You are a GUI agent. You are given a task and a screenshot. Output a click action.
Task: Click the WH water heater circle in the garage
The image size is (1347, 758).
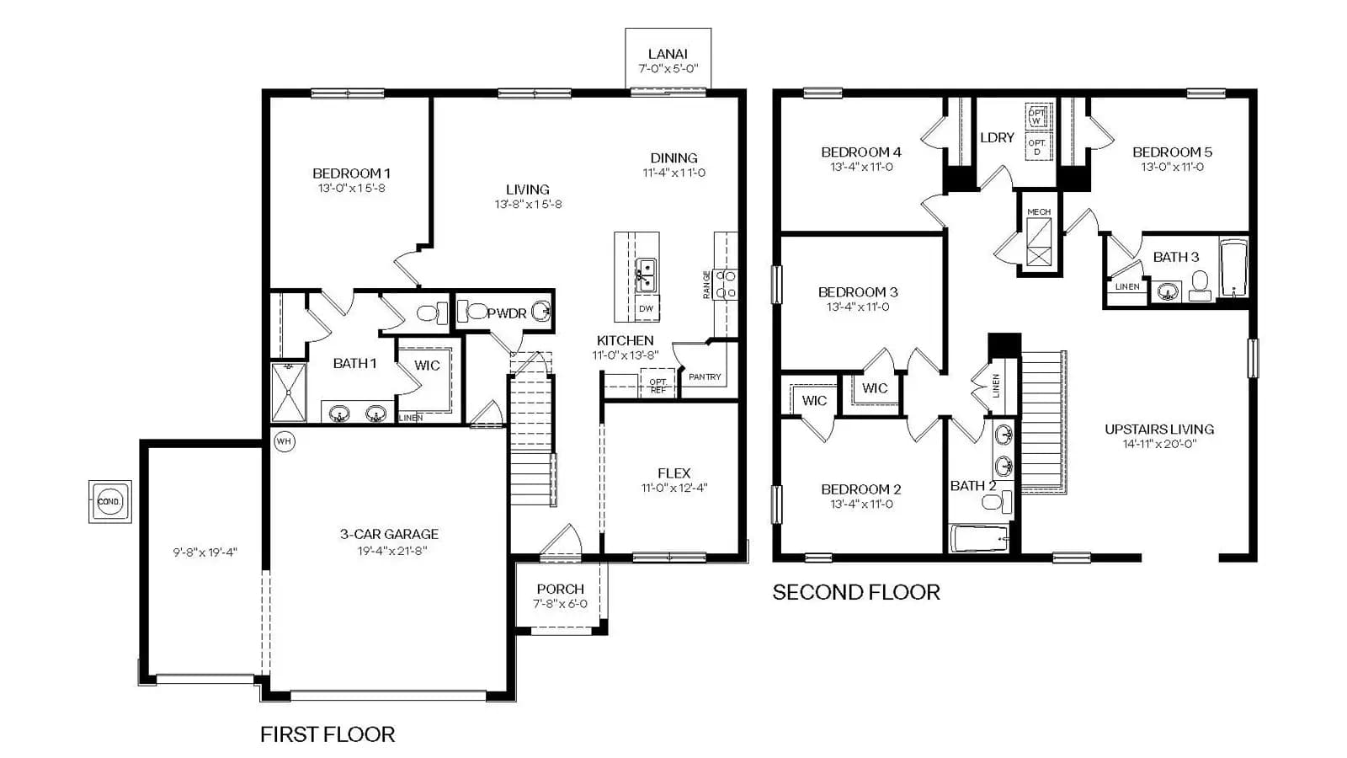pyautogui.click(x=285, y=441)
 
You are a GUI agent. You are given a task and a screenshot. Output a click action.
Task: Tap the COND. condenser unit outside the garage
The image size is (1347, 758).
pyautogui.click(x=110, y=501)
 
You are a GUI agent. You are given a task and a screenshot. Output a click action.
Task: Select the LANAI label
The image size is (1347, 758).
pyautogui.click(x=668, y=54)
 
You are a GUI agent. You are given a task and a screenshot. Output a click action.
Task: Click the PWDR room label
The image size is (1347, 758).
pyautogui.click(x=506, y=312)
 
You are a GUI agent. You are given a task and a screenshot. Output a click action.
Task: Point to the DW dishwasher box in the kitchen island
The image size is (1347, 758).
pyautogui.click(x=647, y=308)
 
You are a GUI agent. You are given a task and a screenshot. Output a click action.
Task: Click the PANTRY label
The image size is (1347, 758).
pyautogui.click(x=705, y=376)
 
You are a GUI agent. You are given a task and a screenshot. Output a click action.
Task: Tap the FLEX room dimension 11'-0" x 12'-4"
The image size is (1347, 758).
pyautogui.click(x=674, y=488)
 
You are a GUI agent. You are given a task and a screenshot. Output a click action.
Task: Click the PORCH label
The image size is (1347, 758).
pyautogui.click(x=561, y=589)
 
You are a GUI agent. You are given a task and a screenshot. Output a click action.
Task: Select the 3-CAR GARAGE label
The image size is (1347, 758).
pyautogui.click(x=389, y=534)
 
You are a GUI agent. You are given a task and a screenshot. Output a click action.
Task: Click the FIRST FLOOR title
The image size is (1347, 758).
pyautogui.click(x=327, y=734)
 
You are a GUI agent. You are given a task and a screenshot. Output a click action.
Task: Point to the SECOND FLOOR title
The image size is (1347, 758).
pyautogui.click(x=856, y=592)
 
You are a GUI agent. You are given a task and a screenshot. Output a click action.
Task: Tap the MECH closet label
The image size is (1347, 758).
pyautogui.click(x=1039, y=211)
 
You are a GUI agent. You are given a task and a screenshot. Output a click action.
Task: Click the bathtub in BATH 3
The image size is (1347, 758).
pyautogui.click(x=1234, y=268)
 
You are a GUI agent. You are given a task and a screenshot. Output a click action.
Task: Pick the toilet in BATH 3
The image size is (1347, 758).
pyautogui.click(x=1200, y=286)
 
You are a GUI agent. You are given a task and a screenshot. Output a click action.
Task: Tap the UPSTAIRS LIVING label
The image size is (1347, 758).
pyautogui.click(x=1159, y=429)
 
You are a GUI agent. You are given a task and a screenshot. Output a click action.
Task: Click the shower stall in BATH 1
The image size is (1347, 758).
pyautogui.click(x=289, y=392)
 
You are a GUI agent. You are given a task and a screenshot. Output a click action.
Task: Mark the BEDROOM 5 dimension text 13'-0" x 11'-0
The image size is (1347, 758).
pyautogui.click(x=1173, y=167)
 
